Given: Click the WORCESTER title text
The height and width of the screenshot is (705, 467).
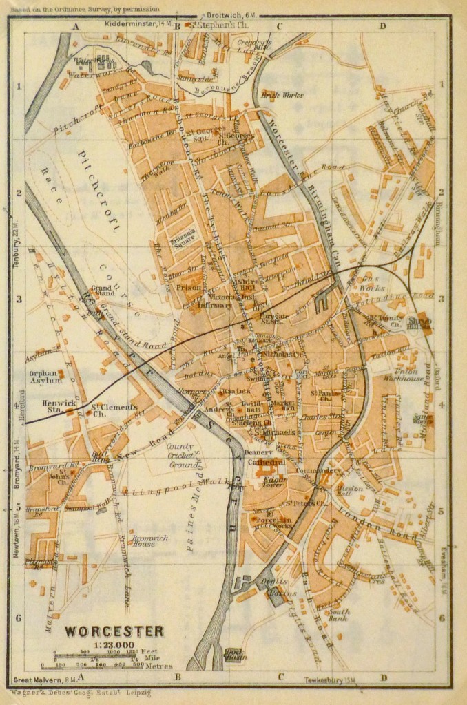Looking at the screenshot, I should coord(114,631).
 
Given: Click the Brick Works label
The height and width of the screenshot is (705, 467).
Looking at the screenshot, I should coord(293,94).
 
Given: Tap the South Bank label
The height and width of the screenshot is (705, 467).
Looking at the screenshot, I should coord(339,615).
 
